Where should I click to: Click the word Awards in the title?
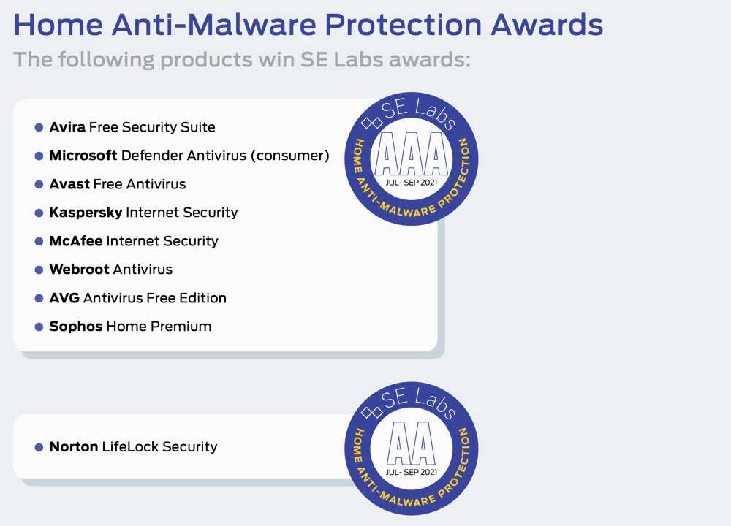click(x=546, y=25)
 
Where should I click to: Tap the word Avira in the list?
click(x=67, y=127)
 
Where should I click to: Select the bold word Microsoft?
click(x=83, y=156)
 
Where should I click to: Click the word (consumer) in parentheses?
click(x=290, y=156)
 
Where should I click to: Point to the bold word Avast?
click(x=69, y=184)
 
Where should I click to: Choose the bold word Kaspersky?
click(x=86, y=213)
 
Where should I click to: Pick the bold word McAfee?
click(x=76, y=241)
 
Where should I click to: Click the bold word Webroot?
click(x=79, y=270)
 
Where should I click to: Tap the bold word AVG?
click(x=64, y=298)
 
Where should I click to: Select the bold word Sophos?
click(x=76, y=327)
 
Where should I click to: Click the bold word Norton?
click(x=74, y=447)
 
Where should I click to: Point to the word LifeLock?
click(x=131, y=447)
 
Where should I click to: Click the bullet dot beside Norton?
click(x=39, y=447)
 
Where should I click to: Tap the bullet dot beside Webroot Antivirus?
click(x=39, y=270)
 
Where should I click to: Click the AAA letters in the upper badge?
click(x=411, y=153)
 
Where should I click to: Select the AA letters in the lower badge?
click(x=411, y=443)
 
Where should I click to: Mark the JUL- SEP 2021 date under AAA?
click(x=411, y=183)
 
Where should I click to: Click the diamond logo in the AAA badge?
click(x=372, y=123)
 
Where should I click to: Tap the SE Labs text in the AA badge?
click(x=418, y=402)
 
